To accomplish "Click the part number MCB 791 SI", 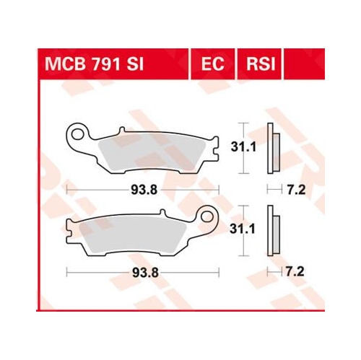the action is pyautogui.click(x=94, y=64).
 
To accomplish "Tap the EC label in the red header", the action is pyautogui.click(x=213, y=64).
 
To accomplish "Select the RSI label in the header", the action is pyautogui.click(x=261, y=64).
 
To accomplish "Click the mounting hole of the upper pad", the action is pyautogui.click(x=77, y=133).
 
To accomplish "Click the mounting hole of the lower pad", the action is pyautogui.click(x=207, y=216).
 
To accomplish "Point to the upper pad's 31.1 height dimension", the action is pyautogui.click(x=243, y=146).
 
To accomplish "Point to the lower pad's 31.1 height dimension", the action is pyautogui.click(x=243, y=229).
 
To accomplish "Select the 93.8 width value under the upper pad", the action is pyautogui.click(x=144, y=190).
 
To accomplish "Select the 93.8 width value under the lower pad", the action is pyautogui.click(x=145, y=273).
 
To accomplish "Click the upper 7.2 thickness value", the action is pyautogui.click(x=296, y=190).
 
